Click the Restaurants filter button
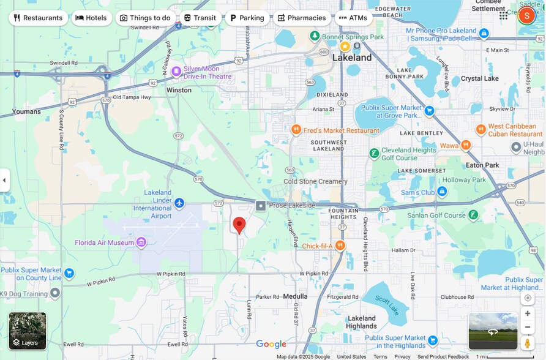(x=38, y=18)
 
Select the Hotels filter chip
(x=91, y=18)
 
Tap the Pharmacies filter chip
(x=302, y=18)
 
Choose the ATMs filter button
(x=353, y=18)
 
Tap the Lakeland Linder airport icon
(x=179, y=203)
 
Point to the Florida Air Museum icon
(x=141, y=242)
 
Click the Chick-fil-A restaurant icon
(x=340, y=246)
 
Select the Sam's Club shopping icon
(x=442, y=192)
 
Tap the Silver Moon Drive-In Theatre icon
(x=176, y=72)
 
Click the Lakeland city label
(x=352, y=58)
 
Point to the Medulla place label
(x=295, y=296)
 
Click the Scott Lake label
(x=386, y=301)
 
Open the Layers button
(x=28, y=331)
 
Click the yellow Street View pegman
(x=528, y=344)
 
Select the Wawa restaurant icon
(x=466, y=145)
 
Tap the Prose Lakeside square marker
(x=261, y=206)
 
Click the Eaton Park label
(x=482, y=165)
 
